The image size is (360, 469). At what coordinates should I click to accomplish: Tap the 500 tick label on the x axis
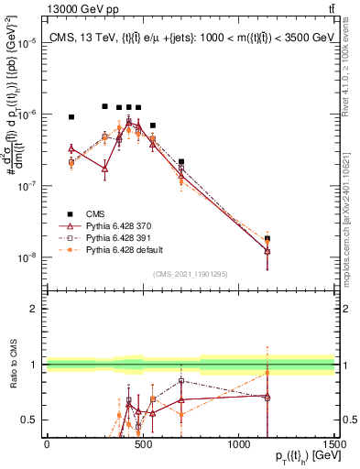click(x=143, y=444)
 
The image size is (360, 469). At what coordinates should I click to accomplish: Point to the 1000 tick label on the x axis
click(x=239, y=444)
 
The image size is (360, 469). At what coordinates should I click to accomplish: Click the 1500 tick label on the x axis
click(x=334, y=444)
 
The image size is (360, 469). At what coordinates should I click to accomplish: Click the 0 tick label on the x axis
click(x=47, y=444)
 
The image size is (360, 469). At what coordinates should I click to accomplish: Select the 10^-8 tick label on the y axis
click(x=27, y=257)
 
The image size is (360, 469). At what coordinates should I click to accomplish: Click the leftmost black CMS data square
click(x=71, y=117)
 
